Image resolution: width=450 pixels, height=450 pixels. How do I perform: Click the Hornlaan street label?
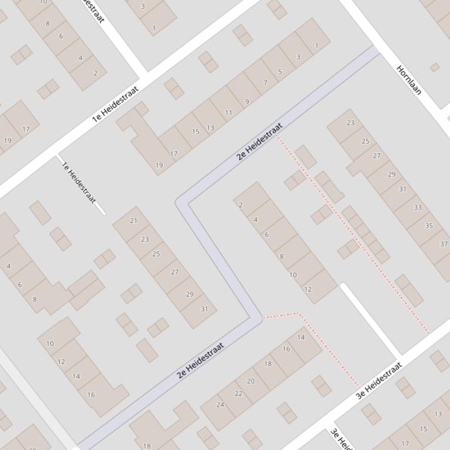409,80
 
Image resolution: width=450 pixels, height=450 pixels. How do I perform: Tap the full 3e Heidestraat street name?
379,381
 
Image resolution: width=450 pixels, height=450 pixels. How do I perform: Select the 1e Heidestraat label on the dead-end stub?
78,182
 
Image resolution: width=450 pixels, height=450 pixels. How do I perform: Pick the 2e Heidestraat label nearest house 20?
201,361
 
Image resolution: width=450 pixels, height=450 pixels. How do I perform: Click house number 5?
280,72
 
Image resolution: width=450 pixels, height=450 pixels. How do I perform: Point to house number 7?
265,83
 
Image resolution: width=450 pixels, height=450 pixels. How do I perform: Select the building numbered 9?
247,102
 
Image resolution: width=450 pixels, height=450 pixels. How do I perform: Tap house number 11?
228,113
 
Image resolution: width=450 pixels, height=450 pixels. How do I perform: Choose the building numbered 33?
417,207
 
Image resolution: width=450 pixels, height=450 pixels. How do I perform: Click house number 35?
429,226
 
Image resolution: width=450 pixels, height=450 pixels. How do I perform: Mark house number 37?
443,244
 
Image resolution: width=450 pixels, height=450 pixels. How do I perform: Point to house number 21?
133,221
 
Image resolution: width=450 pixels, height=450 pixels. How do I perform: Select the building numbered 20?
250,381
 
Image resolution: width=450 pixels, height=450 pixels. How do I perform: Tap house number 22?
238,393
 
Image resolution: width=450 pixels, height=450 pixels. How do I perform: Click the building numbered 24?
220,404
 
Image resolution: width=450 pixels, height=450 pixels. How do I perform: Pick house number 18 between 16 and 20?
267,364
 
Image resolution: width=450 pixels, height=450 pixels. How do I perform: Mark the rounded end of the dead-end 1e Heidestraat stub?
103,213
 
